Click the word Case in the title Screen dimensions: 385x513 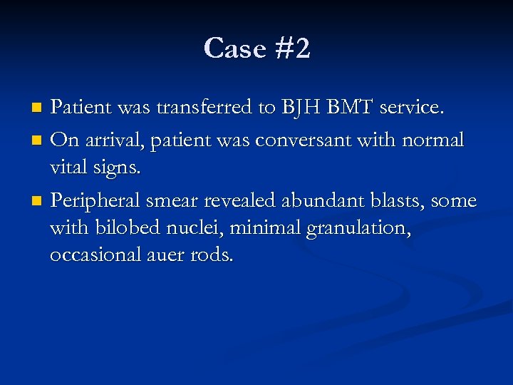[232, 49]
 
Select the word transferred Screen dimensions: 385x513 [206, 108]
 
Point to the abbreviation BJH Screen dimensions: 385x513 [301, 108]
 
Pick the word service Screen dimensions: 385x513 [413, 108]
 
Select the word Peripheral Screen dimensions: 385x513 [97, 201]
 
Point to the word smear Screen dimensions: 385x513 [180, 201]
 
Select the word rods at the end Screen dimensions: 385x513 [212, 255]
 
